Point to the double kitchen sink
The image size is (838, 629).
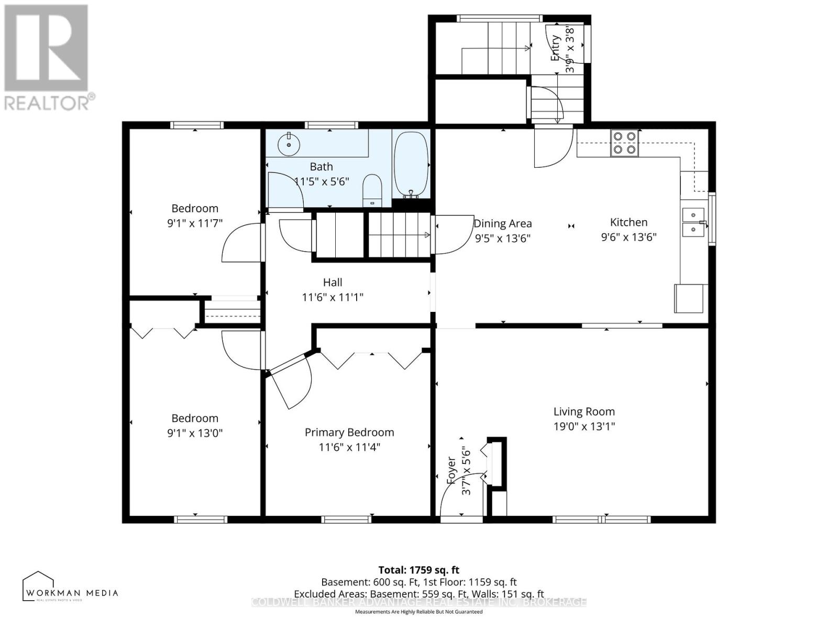[694, 222]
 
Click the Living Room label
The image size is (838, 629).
[584, 411]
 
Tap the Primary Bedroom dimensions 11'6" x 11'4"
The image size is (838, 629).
[349, 447]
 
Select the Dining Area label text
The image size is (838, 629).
[503, 223]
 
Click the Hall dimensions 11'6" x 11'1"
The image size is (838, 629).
[333, 297]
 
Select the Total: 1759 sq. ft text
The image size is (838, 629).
[418, 570]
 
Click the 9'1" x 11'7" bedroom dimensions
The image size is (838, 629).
[195, 223]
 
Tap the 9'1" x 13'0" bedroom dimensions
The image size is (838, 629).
[195, 433]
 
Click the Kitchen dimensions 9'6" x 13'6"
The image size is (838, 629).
[629, 237]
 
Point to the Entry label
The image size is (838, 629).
[556, 48]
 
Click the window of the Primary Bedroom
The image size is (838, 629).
[346, 519]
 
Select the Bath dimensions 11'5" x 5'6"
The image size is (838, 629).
[322, 182]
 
